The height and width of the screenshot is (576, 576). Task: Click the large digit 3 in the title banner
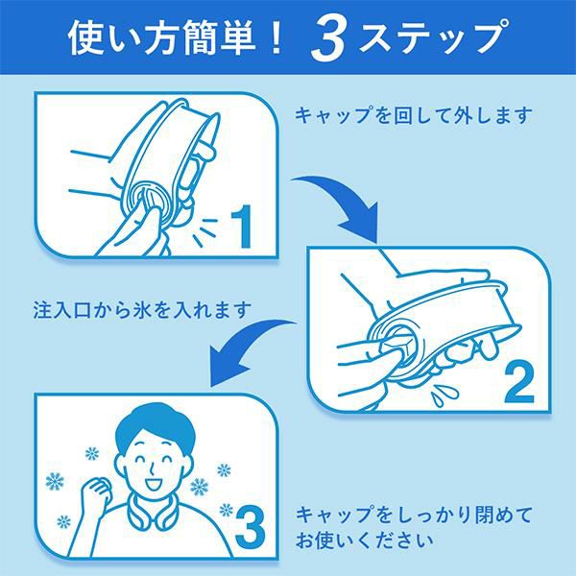[x=327, y=39]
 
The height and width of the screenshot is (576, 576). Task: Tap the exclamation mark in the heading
[x=276, y=37]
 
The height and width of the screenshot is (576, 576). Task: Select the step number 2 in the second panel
[x=518, y=382]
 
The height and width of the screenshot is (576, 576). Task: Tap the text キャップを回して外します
[x=413, y=115]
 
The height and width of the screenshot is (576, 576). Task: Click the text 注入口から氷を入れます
[x=142, y=310]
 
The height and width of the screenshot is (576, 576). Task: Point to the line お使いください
[x=364, y=540]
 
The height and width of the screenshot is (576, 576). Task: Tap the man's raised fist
[x=96, y=492]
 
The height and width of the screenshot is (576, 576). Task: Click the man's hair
[x=155, y=426]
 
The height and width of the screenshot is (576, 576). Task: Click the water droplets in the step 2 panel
[x=445, y=395]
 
